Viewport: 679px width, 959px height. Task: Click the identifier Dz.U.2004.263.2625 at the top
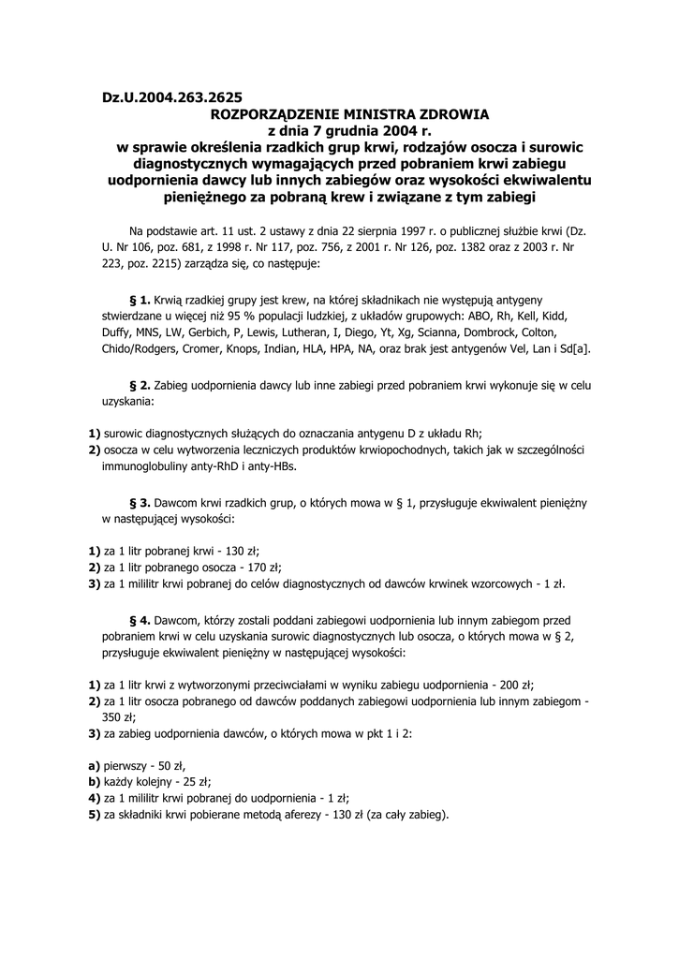click(x=171, y=96)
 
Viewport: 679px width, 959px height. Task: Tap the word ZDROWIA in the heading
click(x=463, y=113)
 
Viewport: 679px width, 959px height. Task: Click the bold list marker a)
click(x=94, y=765)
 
